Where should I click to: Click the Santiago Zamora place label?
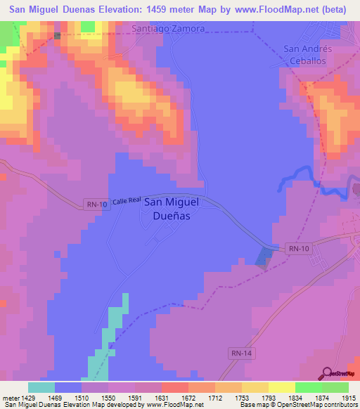pyautogui.click(x=169, y=29)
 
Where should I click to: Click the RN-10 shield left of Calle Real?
pyautogui.click(x=96, y=204)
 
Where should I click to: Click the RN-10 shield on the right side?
pyautogui.click(x=298, y=248)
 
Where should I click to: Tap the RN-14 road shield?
pyautogui.click(x=240, y=351)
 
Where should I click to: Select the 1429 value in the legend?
pyautogui.click(x=29, y=397)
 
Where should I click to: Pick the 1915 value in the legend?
pyautogui.click(x=348, y=397)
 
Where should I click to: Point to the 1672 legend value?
pyautogui.click(x=188, y=397)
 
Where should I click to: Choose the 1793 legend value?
pyautogui.click(x=268, y=397)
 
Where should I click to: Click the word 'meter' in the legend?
pyautogui.click(x=10, y=397)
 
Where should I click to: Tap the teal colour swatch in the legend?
pyautogui.click(x=41, y=387)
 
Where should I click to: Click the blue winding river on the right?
pyautogui.click(x=302, y=176)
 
